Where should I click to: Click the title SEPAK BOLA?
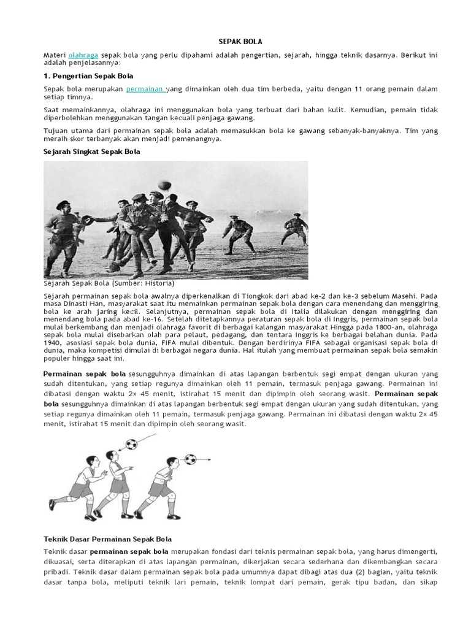(x=240, y=42)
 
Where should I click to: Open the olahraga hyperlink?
(x=83, y=55)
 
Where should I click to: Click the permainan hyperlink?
(x=146, y=89)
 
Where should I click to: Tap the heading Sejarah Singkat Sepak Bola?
(x=92, y=151)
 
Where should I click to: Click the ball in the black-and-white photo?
(x=163, y=185)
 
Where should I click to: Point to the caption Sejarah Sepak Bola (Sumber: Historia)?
(x=109, y=284)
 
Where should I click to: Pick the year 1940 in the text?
(x=53, y=343)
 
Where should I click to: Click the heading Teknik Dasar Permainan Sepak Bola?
(x=107, y=539)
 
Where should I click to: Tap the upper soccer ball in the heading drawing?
(x=131, y=444)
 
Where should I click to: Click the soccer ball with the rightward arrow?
(x=190, y=459)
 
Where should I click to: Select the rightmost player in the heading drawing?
(x=161, y=488)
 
